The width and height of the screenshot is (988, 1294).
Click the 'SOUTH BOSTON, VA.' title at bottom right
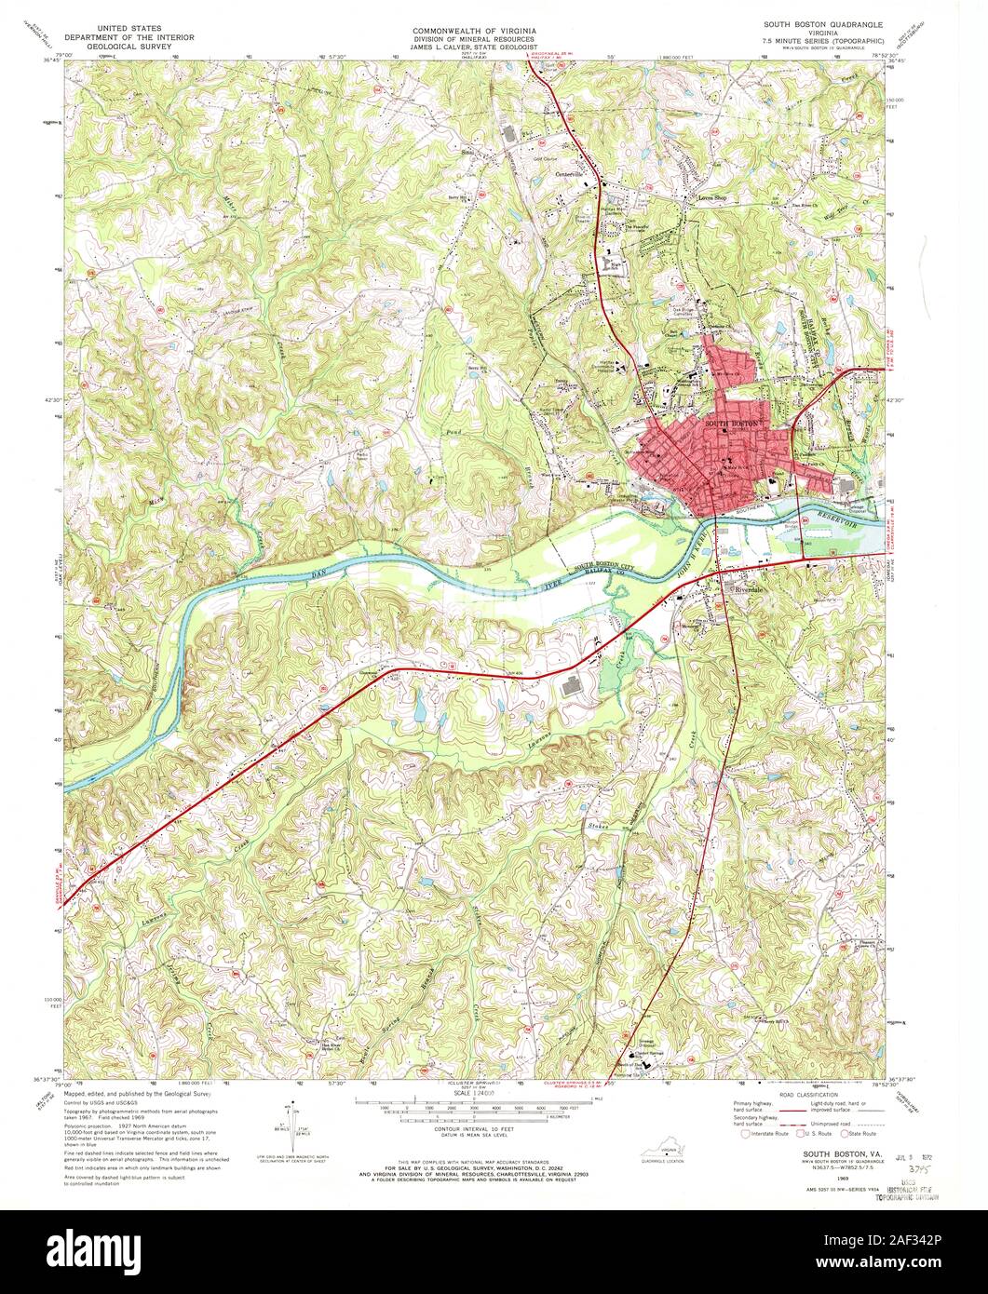[824, 1153]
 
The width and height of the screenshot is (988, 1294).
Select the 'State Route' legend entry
[862, 1134]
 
